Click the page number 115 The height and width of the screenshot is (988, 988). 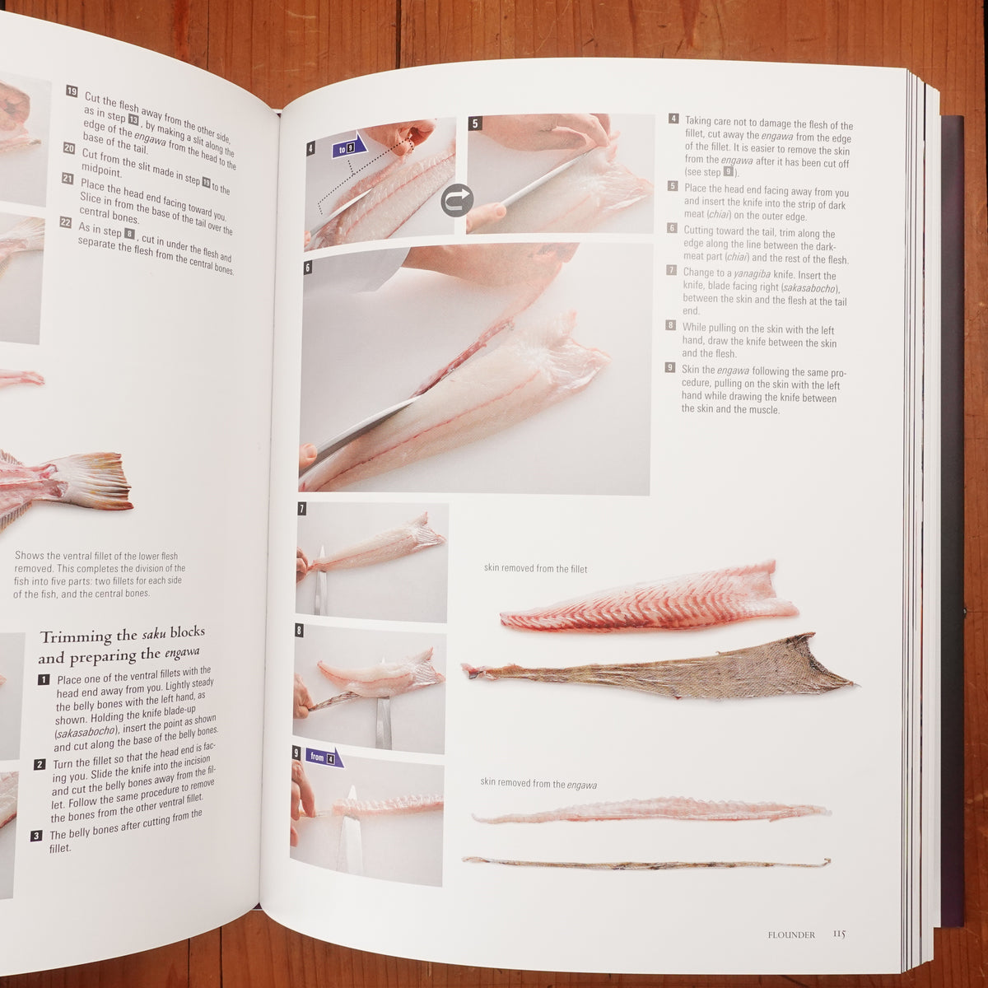[839, 934]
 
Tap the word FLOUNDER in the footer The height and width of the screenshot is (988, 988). [791, 934]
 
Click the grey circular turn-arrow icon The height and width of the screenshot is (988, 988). [456, 200]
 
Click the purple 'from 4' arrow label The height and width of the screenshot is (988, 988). [324, 757]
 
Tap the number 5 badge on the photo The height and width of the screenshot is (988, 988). [475, 123]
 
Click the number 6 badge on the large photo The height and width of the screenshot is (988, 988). [308, 268]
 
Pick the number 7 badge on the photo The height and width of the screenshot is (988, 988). [302, 509]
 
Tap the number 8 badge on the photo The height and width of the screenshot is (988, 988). [300, 630]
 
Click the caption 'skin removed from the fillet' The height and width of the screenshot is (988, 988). [535, 568]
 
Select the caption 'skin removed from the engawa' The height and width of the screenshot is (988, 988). [538, 784]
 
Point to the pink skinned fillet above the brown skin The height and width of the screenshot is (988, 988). [649, 599]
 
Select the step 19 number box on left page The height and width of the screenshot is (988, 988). [72, 91]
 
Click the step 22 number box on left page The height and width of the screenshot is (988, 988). [66, 222]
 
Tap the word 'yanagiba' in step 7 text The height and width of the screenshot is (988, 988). [752, 274]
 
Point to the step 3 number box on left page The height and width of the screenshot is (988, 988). [36, 837]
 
